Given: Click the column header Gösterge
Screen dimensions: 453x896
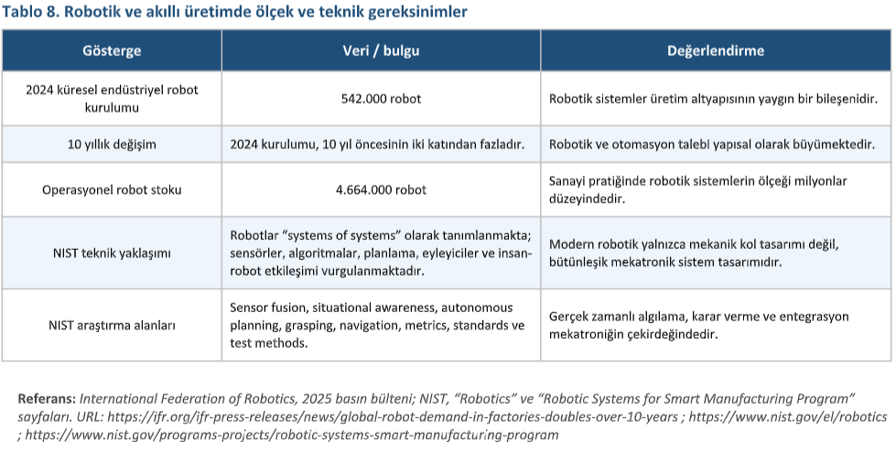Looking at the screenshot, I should tap(112, 50).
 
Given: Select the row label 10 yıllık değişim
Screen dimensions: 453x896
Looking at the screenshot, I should tap(112, 145).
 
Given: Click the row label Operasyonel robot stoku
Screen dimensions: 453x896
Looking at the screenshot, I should tap(112, 189).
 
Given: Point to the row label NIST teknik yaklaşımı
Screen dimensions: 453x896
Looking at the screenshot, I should tap(112, 251).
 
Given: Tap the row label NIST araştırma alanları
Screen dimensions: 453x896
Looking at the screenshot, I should tap(112, 325).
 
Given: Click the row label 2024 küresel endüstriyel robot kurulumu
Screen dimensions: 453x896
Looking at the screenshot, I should tap(112, 98).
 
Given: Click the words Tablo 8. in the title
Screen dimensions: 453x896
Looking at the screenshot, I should tap(32, 12).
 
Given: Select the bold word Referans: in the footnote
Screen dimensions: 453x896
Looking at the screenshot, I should tap(47, 399).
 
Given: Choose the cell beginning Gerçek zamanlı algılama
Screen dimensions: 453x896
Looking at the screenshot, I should tap(699, 325).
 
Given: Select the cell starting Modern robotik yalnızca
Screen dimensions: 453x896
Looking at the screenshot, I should tap(693, 253).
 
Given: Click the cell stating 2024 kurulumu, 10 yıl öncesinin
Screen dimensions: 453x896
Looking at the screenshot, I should tap(376, 145).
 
